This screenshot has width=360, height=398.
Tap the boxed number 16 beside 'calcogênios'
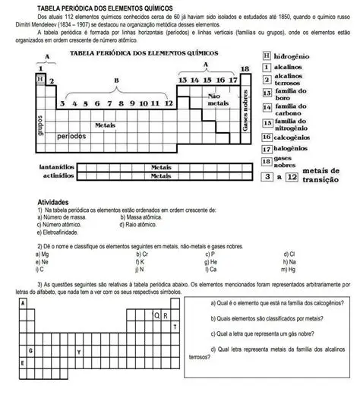pyautogui.click(x=267, y=137)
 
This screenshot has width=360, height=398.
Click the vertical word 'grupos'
pyautogui.click(x=39, y=128)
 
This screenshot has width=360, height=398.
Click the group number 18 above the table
pyautogui.click(x=244, y=69)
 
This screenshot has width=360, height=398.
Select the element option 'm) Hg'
pyautogui.click(x=288, y=269)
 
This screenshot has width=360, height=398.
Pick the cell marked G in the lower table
pyautogui.click(x=30, y=352)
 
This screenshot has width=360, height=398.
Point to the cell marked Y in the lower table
pyautogui.click(x=79, y=352)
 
